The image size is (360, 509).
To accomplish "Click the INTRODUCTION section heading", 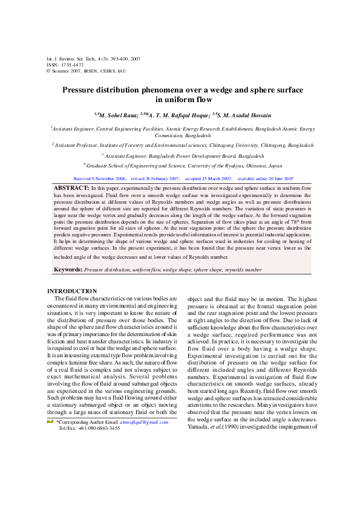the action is (71, 291).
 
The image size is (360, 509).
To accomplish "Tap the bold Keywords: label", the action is (68, 268).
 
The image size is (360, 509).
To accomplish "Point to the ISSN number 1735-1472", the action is (70, 64).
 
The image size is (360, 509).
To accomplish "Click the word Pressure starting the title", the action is (82, 90).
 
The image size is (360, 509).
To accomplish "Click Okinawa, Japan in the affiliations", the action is (266, 164).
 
